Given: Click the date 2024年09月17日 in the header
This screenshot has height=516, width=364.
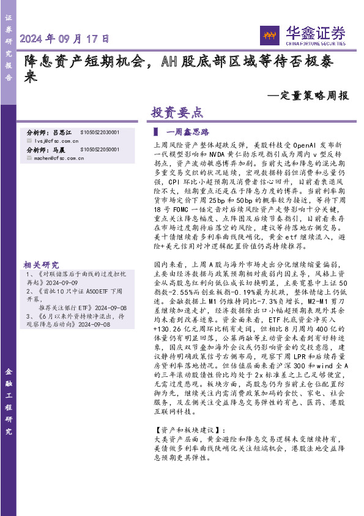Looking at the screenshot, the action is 65,39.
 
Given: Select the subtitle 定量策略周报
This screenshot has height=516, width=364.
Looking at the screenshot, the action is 309,96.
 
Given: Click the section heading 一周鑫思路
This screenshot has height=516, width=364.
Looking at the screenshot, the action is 188,132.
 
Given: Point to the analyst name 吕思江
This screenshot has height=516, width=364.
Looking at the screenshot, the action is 62,132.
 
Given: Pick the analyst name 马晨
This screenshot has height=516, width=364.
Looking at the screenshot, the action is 59,150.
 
